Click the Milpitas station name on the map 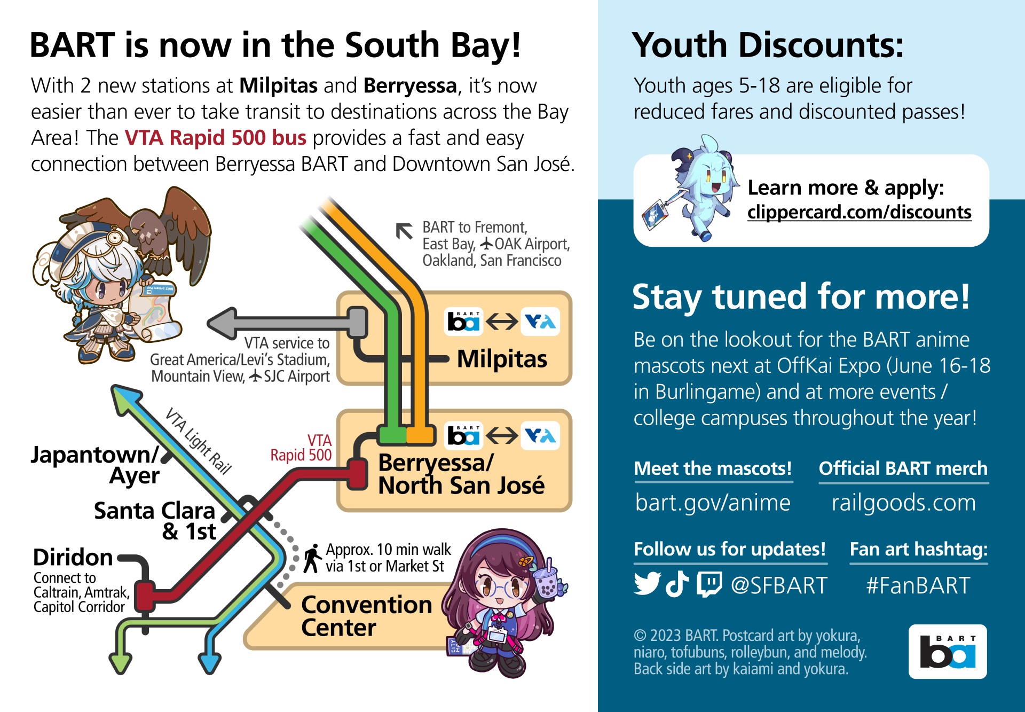(x=502, y=359)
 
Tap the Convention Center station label (x=367, y=616)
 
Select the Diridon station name (x=73, y=558)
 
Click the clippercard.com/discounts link (x=859, y=212)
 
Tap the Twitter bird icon (x=648, y=584)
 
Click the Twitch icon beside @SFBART (x=709, y=584)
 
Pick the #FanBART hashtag (x=918, y=585)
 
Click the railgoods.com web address (x=903, y=503)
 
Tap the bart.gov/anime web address (x=713, y=503)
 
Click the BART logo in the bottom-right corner (x=948, y=652)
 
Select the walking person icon (x=312, y=559)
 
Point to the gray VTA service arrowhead (x=222, y=323)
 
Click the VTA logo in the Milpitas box (x=540, y=322)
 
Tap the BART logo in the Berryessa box (x=464, y=436)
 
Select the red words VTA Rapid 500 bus (x=216, y=138)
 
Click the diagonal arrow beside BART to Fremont (x=404, y=231)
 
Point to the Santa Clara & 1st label (x=155, y=521)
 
